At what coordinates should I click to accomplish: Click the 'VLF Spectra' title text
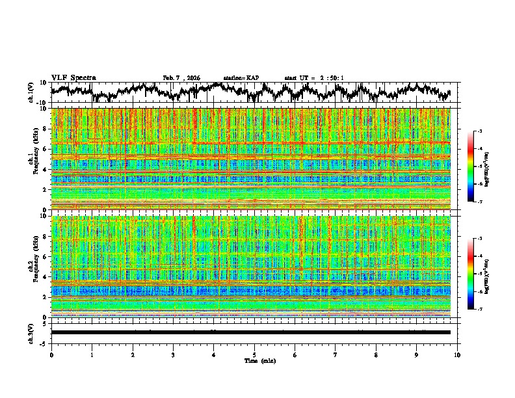[x=73, y=78]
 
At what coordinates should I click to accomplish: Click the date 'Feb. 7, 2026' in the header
[x=181, y=78]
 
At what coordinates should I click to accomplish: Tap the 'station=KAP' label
[x=241, y=78]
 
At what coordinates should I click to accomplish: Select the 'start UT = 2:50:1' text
[x=314, y=78]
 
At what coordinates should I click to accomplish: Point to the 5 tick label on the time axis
[x=254, y=355]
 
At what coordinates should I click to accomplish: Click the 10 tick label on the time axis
[x=457, y=355]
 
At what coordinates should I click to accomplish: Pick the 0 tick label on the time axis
[x=51, y=355]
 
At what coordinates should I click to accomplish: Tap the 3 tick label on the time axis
[x=173, y=355]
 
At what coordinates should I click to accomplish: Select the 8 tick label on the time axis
[x=376, y=355]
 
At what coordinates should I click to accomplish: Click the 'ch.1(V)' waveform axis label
[x=31, y=92]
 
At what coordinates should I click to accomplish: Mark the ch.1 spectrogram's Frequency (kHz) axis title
[x=34, y=159]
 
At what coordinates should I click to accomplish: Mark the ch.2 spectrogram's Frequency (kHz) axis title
[x=34, y=266]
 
